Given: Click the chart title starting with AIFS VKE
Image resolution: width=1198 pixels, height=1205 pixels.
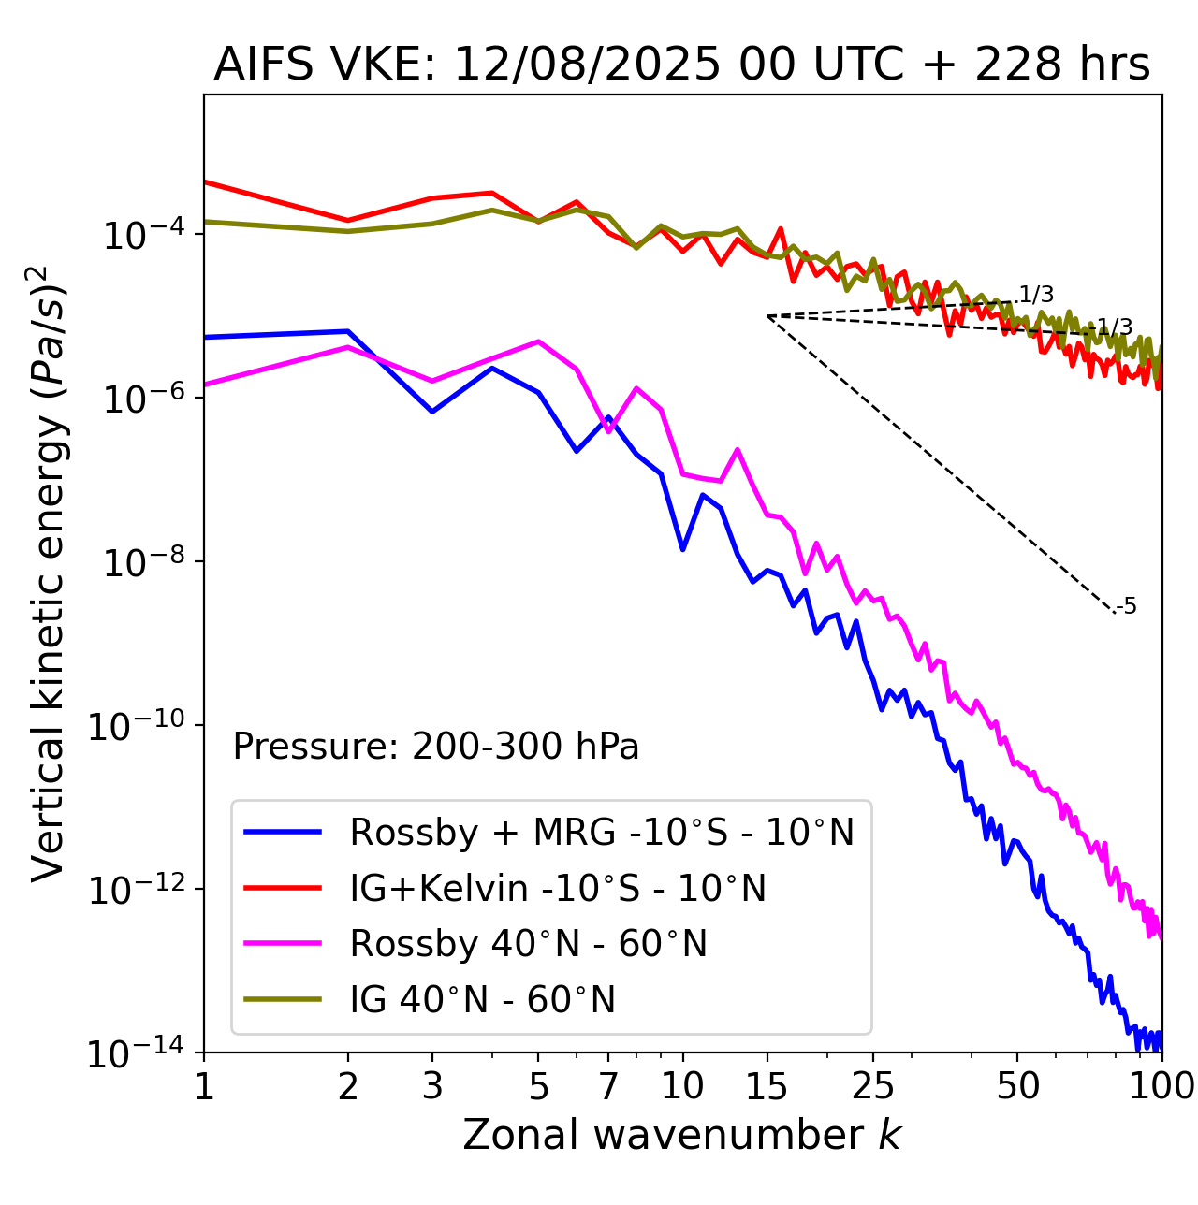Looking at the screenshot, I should point(681,65).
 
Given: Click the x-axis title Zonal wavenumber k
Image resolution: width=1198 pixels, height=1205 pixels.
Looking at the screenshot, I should point(681,1134).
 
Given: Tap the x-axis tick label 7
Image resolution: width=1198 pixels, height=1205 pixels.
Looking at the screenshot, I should point(608,1085).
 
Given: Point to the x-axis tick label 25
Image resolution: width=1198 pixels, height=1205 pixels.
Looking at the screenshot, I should point(872,1085).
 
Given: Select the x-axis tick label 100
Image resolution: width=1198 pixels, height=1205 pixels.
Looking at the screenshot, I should point(1161,1085).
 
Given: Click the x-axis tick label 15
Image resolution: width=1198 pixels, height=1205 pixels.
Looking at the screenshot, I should point(767,1085).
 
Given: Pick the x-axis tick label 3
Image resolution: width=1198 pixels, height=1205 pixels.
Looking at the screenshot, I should point(432,1085).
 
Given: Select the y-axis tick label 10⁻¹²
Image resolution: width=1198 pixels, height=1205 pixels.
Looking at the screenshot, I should point(135,889).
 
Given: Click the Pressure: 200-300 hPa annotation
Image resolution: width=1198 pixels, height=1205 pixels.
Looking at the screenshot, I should point(436,747).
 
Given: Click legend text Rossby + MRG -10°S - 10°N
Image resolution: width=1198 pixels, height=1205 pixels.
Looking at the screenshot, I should point(602,832).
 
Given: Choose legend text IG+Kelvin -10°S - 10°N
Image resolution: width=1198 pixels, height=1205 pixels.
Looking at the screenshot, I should point(558,888).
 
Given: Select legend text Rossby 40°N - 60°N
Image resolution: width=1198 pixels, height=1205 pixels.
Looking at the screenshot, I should point(528,944).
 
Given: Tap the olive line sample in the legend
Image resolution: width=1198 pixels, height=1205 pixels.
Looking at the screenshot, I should point(283,999).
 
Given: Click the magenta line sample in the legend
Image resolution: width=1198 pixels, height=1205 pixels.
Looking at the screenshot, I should point(283,943).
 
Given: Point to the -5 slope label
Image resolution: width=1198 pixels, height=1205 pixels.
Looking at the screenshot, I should point(1127,607).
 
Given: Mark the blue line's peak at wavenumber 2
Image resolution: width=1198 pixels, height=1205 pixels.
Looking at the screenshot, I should point(348,331).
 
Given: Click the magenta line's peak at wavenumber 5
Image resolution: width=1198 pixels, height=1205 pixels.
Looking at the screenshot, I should point(538,341).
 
